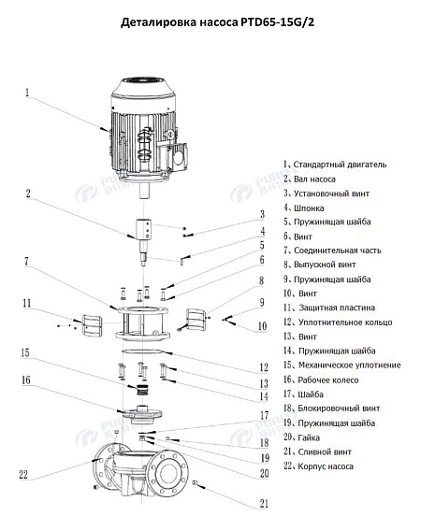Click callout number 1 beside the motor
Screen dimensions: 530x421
pyautogui.click(x=28, y=93)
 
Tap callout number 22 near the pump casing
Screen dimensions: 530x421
pyautogui.click(x=23, y=473)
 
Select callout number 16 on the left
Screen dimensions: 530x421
pyautogui.click(x=27, y=380)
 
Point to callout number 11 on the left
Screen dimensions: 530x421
pyautogui.click(x=28, y=303)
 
